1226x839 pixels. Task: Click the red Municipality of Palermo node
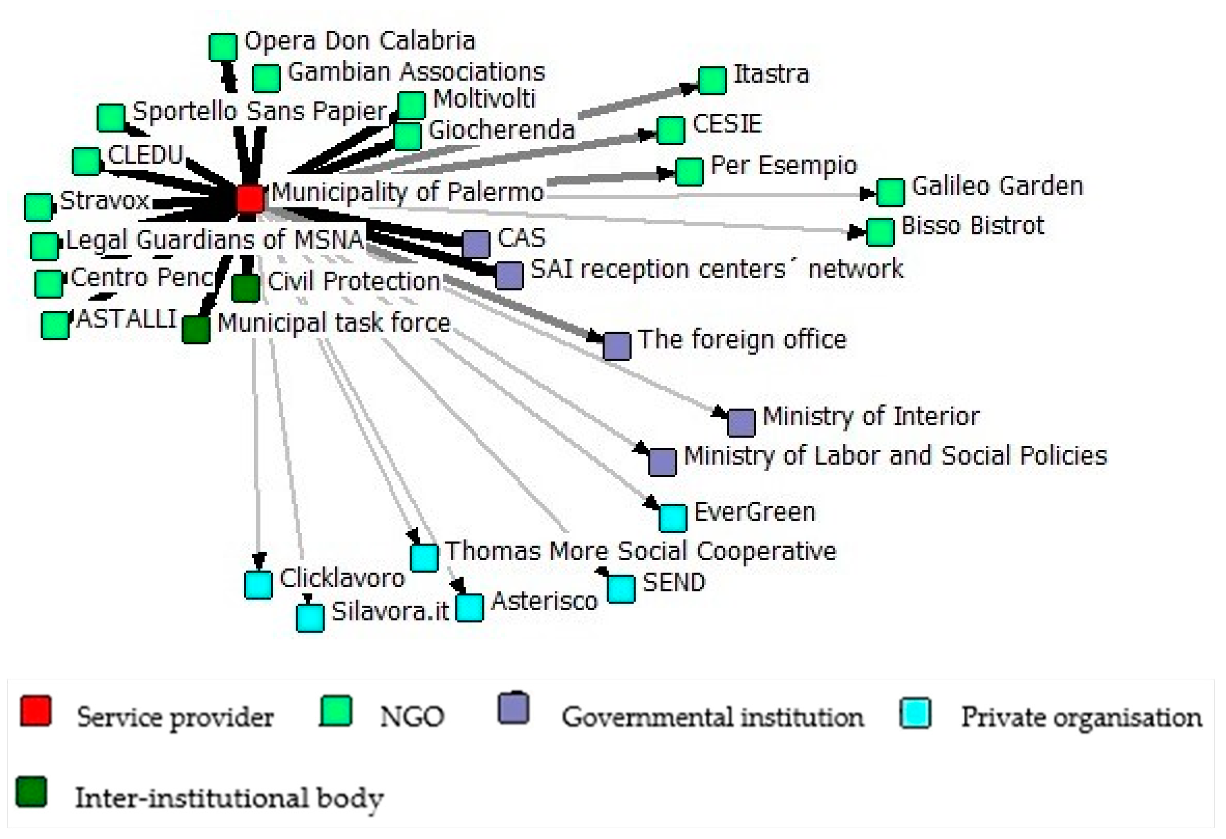[249, 198]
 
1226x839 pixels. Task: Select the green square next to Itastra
[712, 81]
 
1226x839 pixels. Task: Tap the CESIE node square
[671, 130]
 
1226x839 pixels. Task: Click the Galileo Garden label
[997, 186]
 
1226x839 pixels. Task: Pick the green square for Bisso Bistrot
[880, 232]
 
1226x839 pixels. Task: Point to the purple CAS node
[476, 244]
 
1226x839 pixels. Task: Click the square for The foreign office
[617, 346]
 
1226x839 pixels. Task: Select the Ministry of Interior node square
[741, 423]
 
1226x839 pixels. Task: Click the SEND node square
[621, 589]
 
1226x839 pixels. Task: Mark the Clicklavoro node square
[258, 585]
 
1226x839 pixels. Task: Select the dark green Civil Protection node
[246, 288]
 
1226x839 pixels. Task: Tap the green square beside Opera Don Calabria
[222, 47]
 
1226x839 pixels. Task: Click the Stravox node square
[39, 207]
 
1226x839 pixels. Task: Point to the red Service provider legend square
[35, 711]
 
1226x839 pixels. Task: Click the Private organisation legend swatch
[915, 713]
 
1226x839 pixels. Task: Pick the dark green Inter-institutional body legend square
[31, 792]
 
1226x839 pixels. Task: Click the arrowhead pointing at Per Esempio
[666, 173]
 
